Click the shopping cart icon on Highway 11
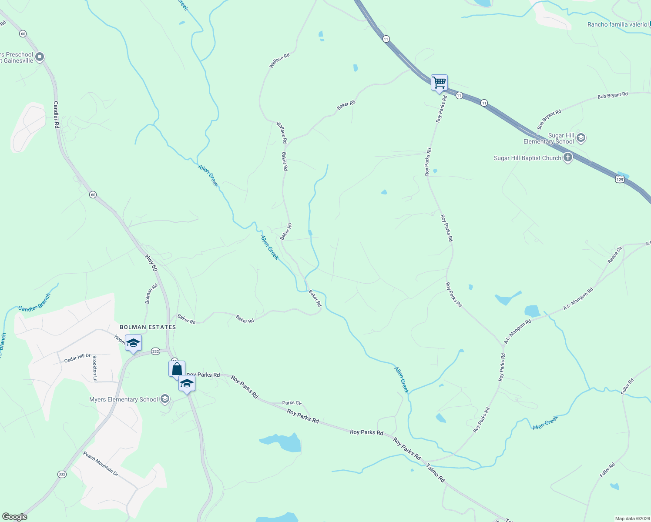(x=439, y=82)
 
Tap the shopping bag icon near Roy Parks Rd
(x=177, y=369)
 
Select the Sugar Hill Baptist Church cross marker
(x=567, y=157)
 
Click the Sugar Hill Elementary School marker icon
(x=581, y=138)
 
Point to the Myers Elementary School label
(x=124, y=399)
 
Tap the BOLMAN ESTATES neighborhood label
(x=148, y=327)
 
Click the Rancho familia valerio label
(x=617, y=24)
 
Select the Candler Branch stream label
(x=34, y=302)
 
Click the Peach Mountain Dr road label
(x=101, y=463)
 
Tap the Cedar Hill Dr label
(x=77, y=358)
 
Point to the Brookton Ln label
(x=95, y=368)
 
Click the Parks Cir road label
(x=292, y=403)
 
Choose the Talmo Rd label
(x=436, y=473)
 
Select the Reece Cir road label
(x=614, y=255)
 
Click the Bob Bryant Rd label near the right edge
(x=612, y=95)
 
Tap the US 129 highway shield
(x=620, y=179)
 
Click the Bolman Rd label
(x=151, y=294)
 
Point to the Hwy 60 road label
(x=151, y=263)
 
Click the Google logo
(x=14, y=517)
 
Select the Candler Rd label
(x=56, y=114)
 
